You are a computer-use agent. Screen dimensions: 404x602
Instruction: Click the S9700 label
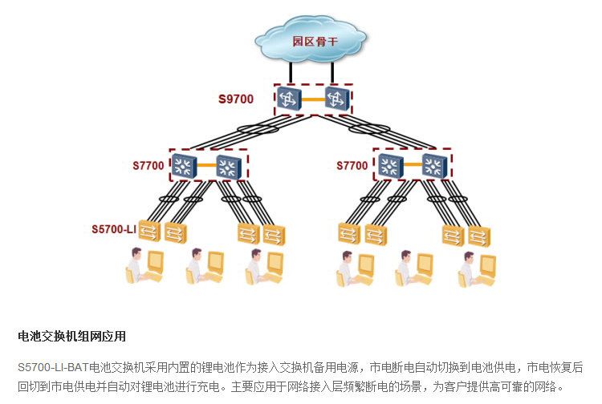236,99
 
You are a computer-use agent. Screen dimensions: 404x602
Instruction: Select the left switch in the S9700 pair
289,99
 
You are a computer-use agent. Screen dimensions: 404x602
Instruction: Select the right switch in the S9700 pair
337,99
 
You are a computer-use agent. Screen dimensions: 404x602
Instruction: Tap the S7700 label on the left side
148,166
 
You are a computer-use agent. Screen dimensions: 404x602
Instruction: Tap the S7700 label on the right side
352,166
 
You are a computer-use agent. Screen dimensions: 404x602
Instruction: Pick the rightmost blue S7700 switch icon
434,166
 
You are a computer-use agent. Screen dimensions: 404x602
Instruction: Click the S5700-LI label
114,229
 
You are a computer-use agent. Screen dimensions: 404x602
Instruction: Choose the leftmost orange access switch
150,232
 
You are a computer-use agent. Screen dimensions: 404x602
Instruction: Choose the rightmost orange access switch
479,236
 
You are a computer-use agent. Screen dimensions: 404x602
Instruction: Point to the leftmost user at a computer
142,268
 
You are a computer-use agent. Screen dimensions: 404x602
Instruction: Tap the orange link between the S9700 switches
313,99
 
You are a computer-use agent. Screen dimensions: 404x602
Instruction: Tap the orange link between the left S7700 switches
207,166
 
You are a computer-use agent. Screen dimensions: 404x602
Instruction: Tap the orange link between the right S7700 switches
412,166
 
